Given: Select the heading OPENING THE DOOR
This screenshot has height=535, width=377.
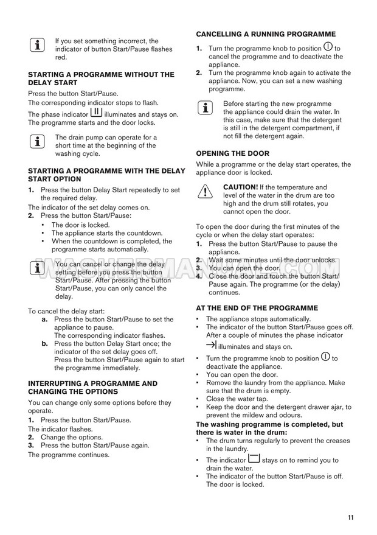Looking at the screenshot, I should (232, 153).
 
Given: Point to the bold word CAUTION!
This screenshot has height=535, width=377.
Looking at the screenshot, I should (241, 187).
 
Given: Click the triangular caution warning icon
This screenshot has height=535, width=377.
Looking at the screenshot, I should (206, 191).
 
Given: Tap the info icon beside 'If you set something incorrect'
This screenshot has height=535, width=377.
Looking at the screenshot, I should (38, 44).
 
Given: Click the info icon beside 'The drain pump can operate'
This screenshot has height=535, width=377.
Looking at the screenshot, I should (38, 142).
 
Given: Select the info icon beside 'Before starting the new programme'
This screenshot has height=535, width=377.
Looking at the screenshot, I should (206, 108).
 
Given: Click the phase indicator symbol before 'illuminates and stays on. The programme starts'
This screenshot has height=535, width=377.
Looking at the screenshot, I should (96, 113).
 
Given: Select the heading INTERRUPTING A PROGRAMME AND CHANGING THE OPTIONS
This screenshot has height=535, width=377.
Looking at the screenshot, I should (92, 387).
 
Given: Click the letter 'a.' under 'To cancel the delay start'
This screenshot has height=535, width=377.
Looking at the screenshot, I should (45, 319).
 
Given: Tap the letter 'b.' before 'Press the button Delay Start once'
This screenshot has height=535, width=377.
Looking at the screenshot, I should (45, 343).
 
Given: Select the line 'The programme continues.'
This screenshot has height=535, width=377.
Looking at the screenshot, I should (69, 454).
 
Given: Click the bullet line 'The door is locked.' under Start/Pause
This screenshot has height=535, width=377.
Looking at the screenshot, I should (80, 225).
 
